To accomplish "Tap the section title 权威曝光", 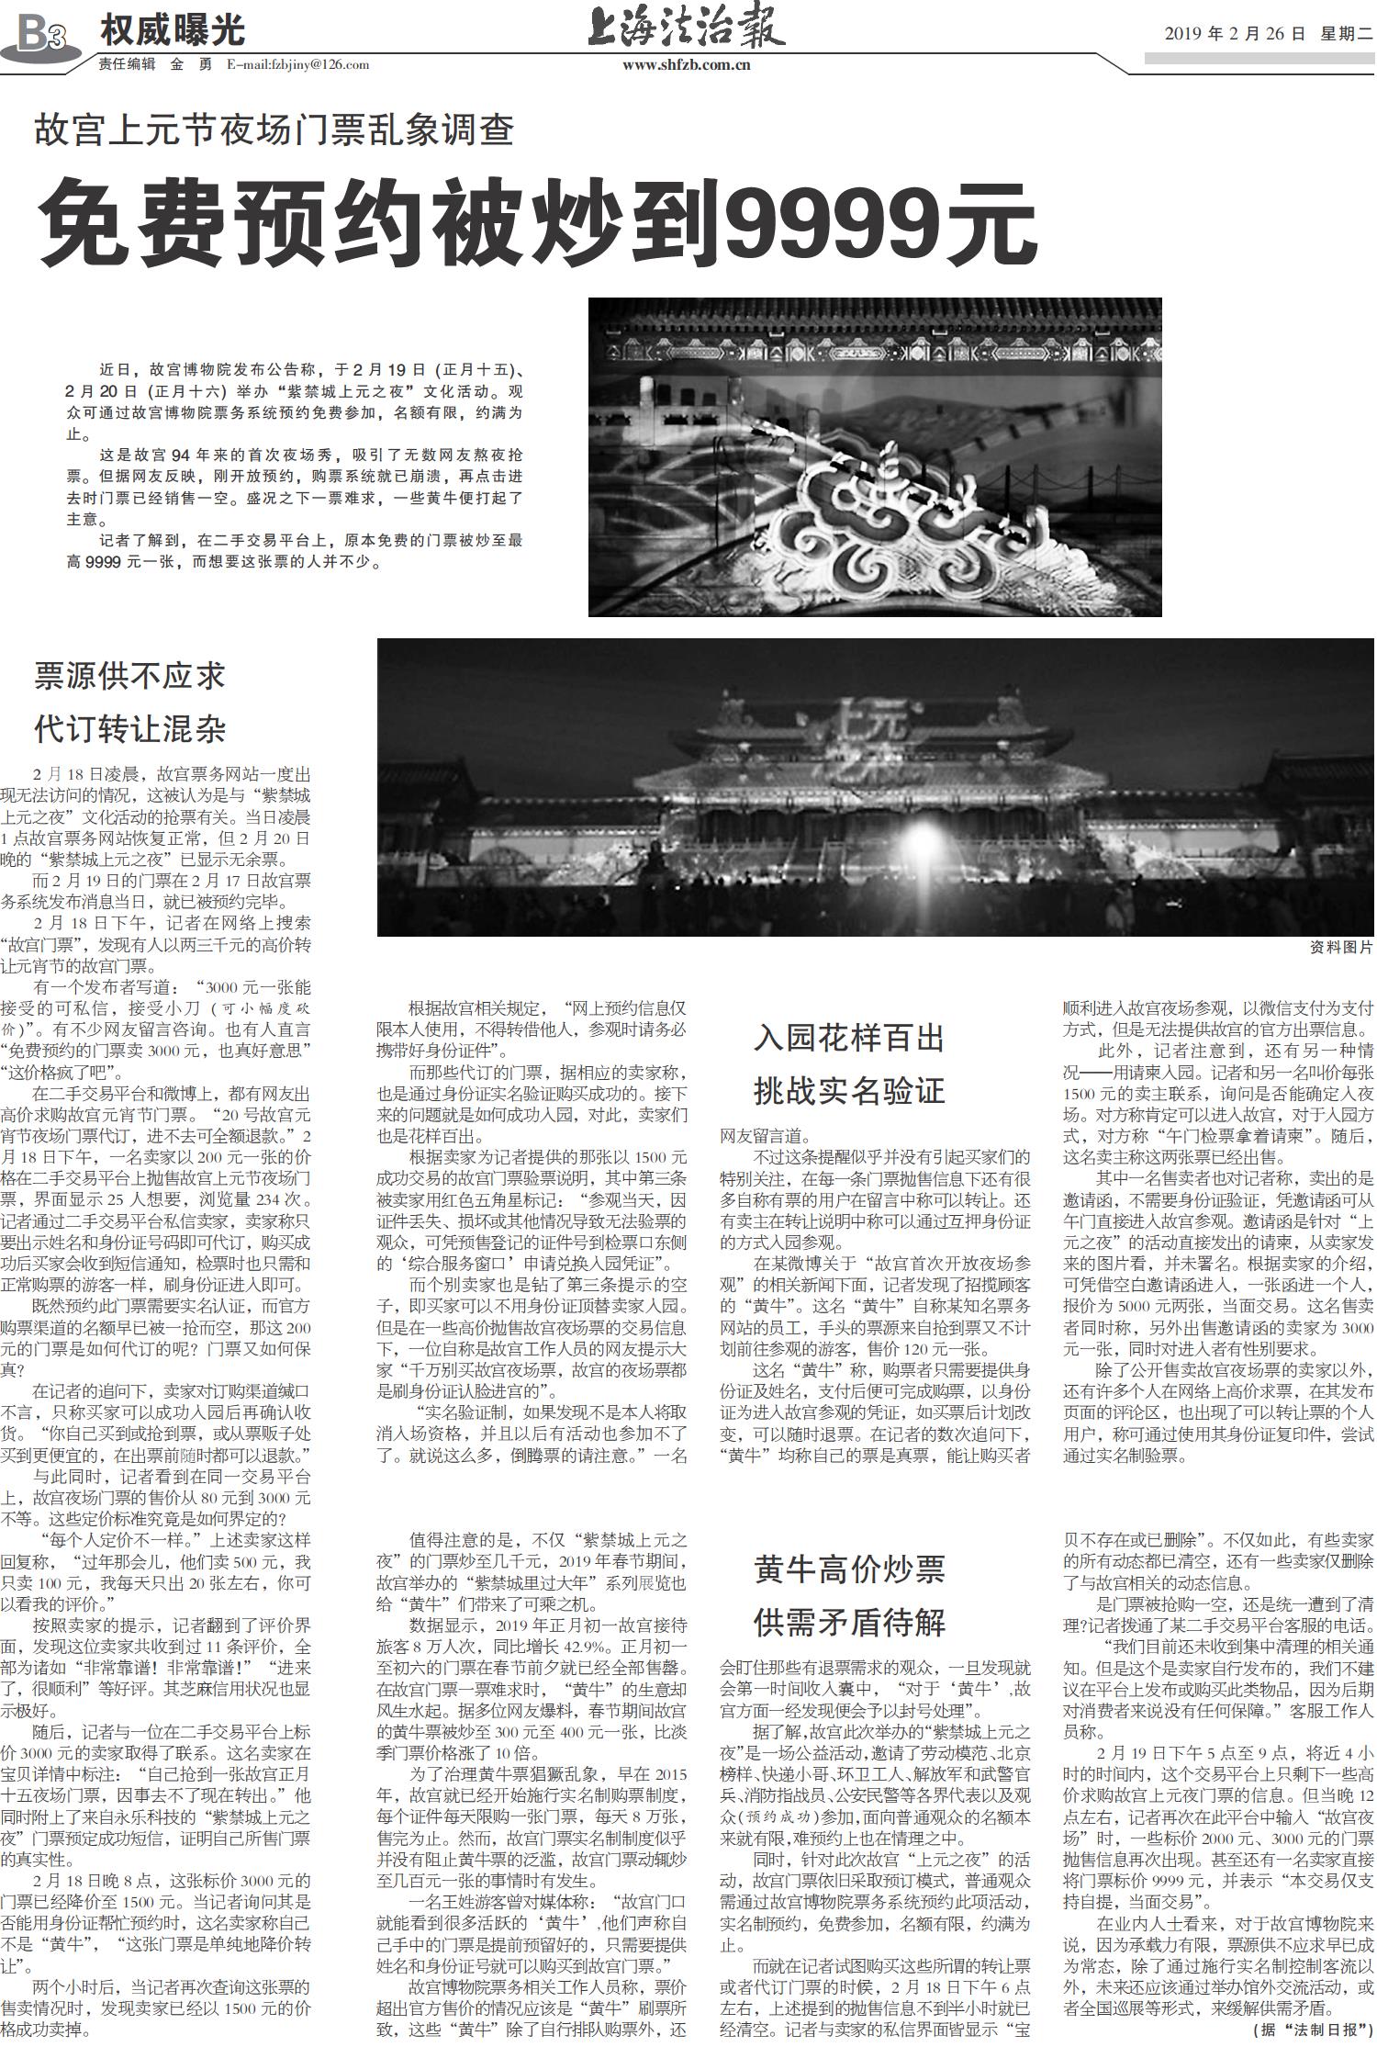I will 172,31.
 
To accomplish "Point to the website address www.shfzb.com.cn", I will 686,64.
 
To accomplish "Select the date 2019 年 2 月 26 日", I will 1234,34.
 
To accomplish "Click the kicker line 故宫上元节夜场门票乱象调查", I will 274,129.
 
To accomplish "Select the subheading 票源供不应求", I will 129,676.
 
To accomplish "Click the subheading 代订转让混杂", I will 129,729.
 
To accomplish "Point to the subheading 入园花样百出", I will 849,1038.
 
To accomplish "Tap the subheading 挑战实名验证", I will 849,1091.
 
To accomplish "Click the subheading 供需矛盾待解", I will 849,1622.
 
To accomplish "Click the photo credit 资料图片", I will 1341,948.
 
